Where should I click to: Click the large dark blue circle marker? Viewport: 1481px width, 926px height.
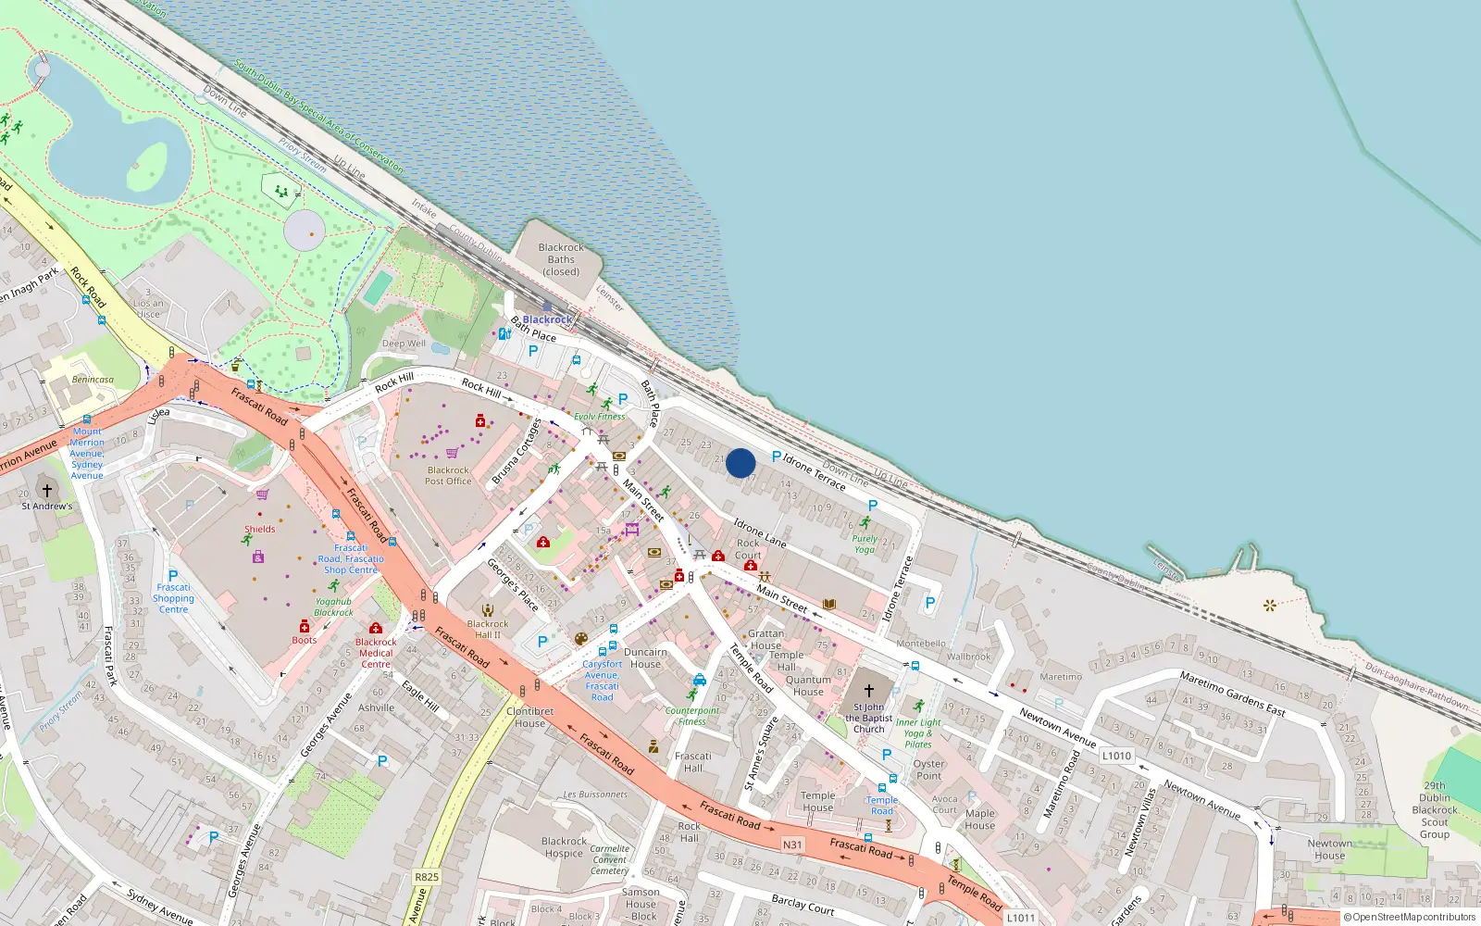pyautogui.click(x=740, y=463)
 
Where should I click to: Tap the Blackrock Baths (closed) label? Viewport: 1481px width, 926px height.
pyautogui.click(x=561, y=259)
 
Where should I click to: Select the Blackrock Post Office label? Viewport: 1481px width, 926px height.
pyautogui.click(x=448, y=476)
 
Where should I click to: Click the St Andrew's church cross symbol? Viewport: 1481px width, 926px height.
pyautogui.click(x=47, y=490)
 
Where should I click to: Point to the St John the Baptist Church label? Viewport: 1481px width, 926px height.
pyautogui.click(x=868, y=718)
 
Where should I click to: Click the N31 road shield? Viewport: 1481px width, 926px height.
pyautogui.click(x=792, y=845)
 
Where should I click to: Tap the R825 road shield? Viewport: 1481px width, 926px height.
pyautogui.click(x=427, y=877)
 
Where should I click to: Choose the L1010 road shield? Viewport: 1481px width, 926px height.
pyautogui.click(x=1116, y=756)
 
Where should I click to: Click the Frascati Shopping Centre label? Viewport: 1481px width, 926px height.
pyautogui.click(x=173, y=598)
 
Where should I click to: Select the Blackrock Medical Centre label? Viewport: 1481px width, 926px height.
pyautogui.click(x=376, y=653)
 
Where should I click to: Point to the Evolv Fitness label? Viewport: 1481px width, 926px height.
pyautogui.click(x=600, y=417)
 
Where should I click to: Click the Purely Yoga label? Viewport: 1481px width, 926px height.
pyautogui.click(x=865, y=544)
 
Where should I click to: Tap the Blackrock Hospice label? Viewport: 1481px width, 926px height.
pyautogui.click(x=564, y=847)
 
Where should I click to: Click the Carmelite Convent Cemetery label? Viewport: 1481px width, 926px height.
pyautogui.click(x=609, y=859)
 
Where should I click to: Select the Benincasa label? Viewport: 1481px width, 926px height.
pyautogui.click(x=93, y=380)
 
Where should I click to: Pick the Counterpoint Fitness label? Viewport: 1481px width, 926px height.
pyautogui.click(x=691, y=716)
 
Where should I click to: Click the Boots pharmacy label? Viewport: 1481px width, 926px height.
pyautogui.click(x=304, y=640)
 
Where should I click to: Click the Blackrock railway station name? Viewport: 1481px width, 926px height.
pyautogui.click(x=547, y=319)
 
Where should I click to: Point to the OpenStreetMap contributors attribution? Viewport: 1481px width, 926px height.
pyautogui.click(x=1410, y=918)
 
